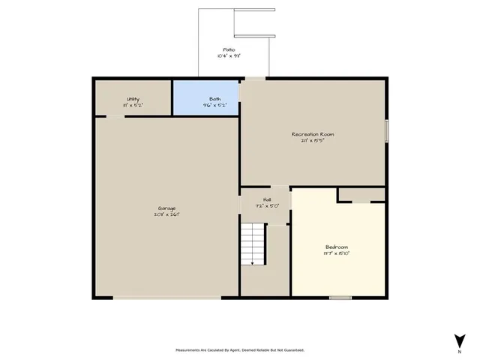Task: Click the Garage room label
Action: (x=167, y=208)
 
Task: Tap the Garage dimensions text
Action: (x=167, y=214)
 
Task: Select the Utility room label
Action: (x=133, y=99)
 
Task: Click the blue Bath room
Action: (x=206, y=97)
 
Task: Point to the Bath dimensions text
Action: (x=214, y=105)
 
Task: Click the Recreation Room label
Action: (x=313, y=134)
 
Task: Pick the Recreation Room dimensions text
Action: (x=313, y=141)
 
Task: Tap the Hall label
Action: (x=267, y=199)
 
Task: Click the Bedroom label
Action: (x=337, y=247)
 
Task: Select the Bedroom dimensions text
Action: (x=337, y=253)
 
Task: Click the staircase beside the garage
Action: (x=253, y=244)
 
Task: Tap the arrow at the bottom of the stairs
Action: (x=253, y=262)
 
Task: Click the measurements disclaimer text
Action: (x=240, y=349)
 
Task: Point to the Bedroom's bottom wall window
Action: (x=340, y=298)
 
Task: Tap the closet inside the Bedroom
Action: (x=361, y=195)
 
